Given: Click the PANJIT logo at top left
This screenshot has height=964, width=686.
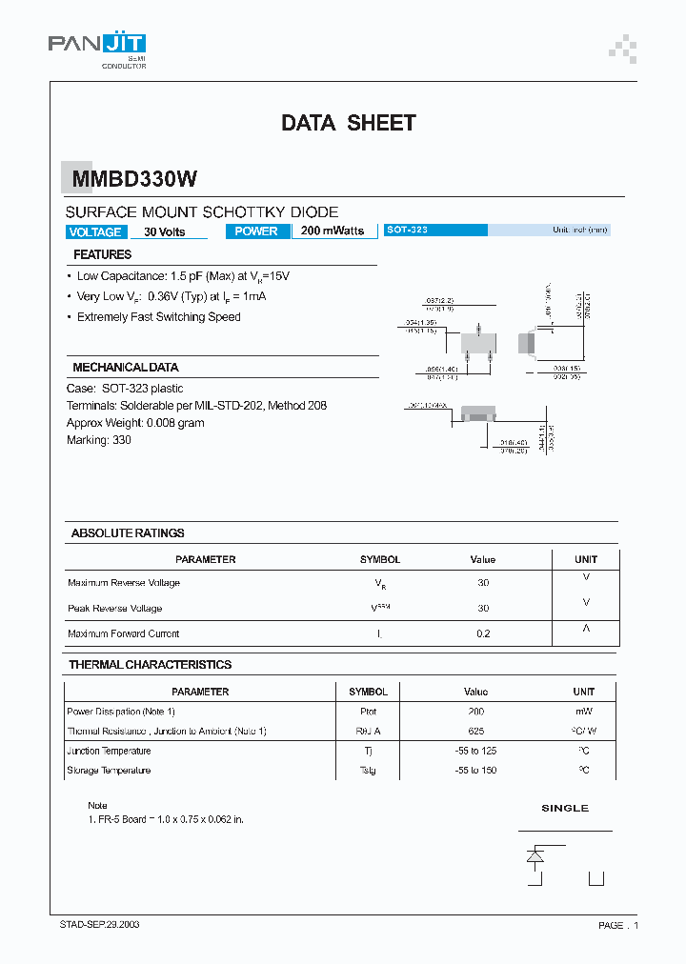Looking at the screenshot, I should (x=97, y=48).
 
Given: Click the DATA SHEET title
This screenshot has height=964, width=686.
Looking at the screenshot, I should (x=348, y=123).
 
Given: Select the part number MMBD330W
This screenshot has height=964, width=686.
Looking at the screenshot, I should (x=131, y=178).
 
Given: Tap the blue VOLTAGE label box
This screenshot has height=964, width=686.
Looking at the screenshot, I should (x=94, y=231).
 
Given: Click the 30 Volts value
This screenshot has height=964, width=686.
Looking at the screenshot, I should (x=164, y=231).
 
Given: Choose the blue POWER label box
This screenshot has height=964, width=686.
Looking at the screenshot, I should (x=256, y=231).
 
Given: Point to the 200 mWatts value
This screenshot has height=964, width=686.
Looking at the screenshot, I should (x=332, y=231).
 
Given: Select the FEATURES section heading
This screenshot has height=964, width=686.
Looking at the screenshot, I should (x=102, y=254).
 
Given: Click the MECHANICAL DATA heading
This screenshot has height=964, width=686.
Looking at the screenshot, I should (x=125, y=367).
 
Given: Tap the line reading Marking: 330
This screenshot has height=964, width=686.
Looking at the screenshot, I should (x=99, y=440).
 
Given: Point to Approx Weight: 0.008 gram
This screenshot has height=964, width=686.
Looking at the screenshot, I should (x=135, y=423).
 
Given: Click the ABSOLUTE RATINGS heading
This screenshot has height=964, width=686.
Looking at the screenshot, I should (x=128, y=532).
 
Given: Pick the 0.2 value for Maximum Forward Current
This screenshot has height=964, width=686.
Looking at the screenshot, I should (x=483, y=633).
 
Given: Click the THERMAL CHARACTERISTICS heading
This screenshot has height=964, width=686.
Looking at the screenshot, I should (x=150, y=664).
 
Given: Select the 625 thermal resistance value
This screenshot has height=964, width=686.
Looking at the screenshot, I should (x=475, y=731).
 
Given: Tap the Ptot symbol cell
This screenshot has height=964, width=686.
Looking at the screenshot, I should (x=368, y=712).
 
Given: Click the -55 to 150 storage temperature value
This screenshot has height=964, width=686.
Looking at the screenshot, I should (x=475, y=770).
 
